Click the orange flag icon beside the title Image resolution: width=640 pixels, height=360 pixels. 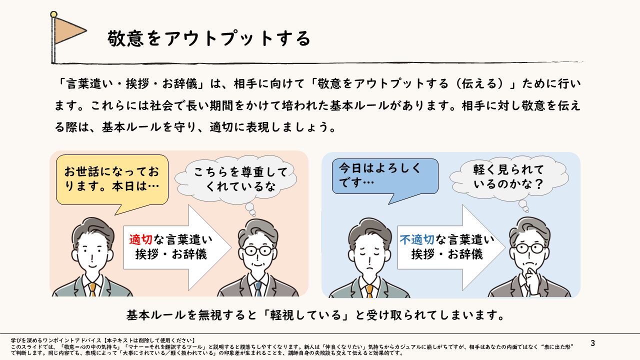(69, 30)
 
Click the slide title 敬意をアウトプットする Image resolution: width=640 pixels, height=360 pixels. (209, 38)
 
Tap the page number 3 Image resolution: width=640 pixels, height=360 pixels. (593, 343)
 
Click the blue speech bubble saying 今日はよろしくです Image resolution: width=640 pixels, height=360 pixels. (385, 176)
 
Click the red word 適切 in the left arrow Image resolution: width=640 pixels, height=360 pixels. (140, 239)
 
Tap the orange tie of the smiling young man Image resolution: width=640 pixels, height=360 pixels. (92, 289)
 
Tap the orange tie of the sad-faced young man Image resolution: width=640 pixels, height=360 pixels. (369, 290)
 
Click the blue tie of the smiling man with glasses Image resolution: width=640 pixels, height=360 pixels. (258, 288)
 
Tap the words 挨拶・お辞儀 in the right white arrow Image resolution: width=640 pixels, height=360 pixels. (447, 254)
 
